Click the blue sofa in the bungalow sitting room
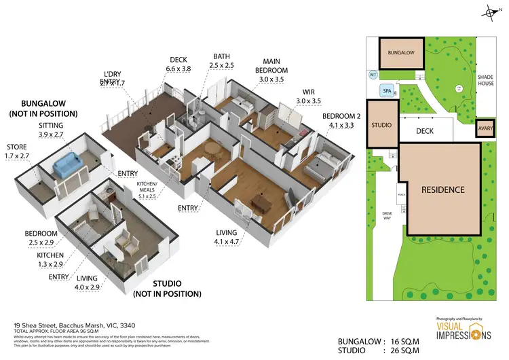pyautogui.click(x=65, y=164)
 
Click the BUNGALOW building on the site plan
pyautogui.click(x=401, y=52)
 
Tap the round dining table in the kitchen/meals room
pyautogui.click(x=213, y=150)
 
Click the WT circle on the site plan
pyautogui.click(x=373, y=75)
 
